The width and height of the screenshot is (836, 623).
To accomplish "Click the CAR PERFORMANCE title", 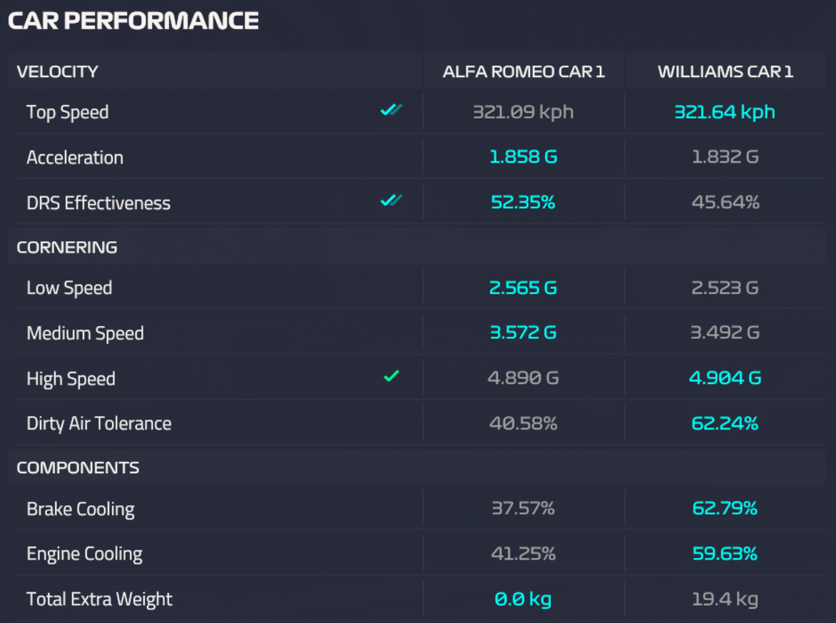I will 133,21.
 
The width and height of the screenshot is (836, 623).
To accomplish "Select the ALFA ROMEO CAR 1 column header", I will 524,71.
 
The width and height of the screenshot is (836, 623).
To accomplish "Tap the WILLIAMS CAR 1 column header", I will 725,71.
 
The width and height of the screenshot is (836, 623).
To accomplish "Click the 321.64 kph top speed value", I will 725,112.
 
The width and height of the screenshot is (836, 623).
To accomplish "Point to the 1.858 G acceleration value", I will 524,157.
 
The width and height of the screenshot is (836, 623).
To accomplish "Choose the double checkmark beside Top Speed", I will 391,110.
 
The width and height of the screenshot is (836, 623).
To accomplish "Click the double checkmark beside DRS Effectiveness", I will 391,201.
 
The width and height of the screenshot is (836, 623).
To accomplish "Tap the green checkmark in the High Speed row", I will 391,376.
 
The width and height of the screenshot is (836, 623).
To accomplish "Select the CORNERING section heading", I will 67,248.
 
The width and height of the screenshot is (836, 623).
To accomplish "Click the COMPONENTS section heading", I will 78,468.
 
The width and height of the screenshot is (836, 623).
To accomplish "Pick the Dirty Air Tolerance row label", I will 99,423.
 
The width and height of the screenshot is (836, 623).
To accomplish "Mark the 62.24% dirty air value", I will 725,423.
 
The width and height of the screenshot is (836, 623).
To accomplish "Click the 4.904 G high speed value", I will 725,378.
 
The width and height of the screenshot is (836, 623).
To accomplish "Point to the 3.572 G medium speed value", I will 524,333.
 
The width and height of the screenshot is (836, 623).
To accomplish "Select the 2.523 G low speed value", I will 725,288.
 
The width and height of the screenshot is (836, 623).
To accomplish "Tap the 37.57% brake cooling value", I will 524,508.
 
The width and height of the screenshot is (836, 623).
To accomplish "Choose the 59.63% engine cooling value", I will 725,553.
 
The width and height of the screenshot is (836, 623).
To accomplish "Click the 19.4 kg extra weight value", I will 725,599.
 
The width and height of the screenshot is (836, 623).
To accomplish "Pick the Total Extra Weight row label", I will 100,599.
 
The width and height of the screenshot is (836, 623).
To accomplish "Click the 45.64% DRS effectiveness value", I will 725,202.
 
